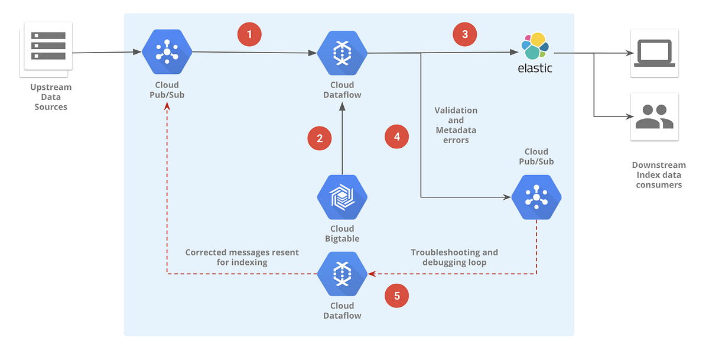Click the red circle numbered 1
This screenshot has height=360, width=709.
(x=249, y=34)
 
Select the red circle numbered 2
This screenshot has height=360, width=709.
(x=320, y=138)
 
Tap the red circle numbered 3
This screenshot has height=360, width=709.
(x=465, y=34)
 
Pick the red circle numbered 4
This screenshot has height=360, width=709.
(x=396, y=137)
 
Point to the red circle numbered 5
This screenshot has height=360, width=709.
(x=396, y=296)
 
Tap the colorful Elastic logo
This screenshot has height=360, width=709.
(x=535, y=47)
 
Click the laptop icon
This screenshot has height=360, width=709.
(x=653, y=53)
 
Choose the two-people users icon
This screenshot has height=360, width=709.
(x=653, y=116)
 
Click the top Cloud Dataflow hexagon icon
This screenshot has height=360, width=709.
(x=342, y=53)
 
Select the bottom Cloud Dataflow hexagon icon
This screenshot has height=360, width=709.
(x=342, y=274)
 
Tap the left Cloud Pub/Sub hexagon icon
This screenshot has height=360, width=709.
(x=167, y=53)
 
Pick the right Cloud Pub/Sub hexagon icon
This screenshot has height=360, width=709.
(x=536, y=196)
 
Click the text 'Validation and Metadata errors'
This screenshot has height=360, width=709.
(x=456, y=125)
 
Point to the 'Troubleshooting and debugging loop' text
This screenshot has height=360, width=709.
(x=454, y=257)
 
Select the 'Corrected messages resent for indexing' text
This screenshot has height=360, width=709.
(x=242, y=257)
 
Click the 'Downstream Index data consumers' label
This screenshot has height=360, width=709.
(x=658, y=175)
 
